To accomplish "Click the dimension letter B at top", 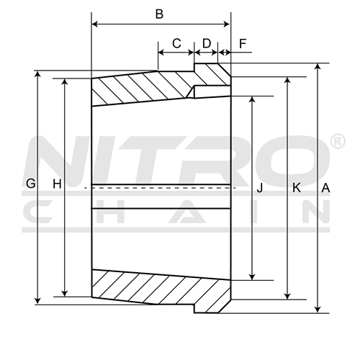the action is [160, 14].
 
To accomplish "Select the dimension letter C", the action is [176, 43].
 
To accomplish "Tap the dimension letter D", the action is [207, 43].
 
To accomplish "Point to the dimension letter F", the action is [243, 44].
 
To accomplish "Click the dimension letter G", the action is [31, 184].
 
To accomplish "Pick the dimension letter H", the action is [57, 184].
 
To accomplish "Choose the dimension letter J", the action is [260, 187].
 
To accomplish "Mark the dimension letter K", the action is [297, 187].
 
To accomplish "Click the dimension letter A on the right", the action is [325, 188].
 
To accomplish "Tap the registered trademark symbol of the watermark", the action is [338, 141].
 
